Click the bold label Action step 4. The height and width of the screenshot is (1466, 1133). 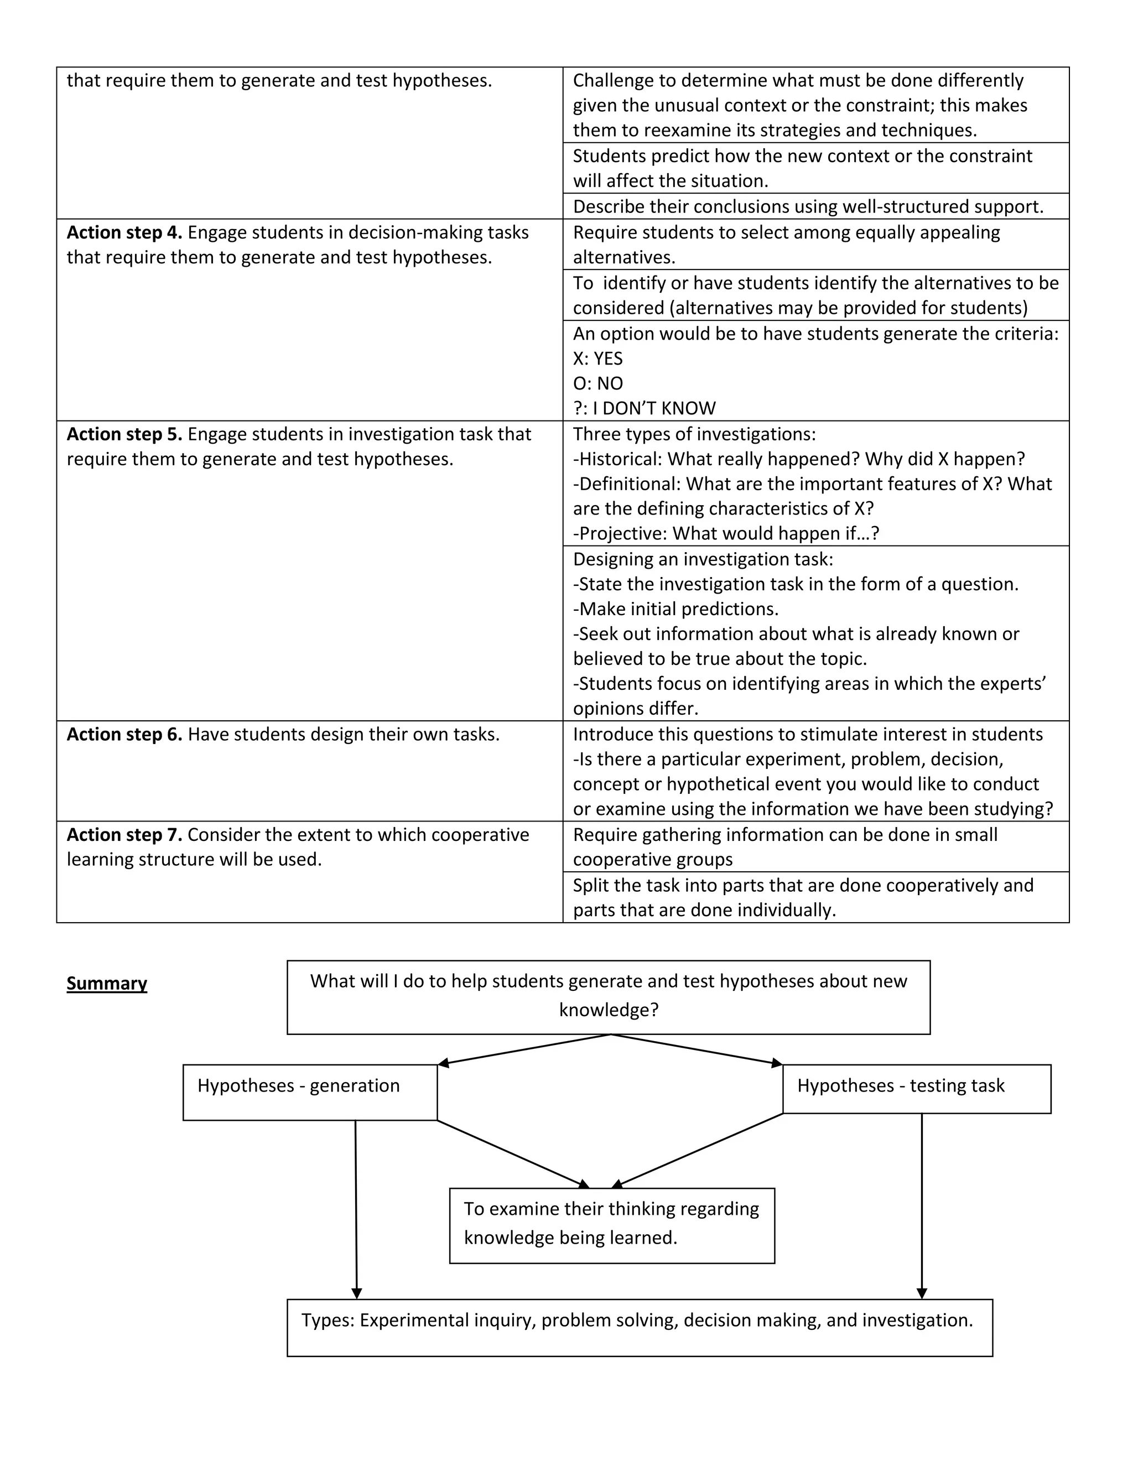(124, 233)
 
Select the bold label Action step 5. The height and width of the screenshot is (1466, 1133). (124, 434)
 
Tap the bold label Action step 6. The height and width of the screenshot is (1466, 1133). (124, 734)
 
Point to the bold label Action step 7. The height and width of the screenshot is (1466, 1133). (124, 834)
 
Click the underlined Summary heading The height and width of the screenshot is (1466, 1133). (107, 984)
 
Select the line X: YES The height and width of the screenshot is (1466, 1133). (597, 358)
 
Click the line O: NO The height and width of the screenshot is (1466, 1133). (597, 383)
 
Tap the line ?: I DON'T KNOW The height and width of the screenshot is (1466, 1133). (645, 408)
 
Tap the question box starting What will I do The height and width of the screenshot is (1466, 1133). (608, 997)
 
